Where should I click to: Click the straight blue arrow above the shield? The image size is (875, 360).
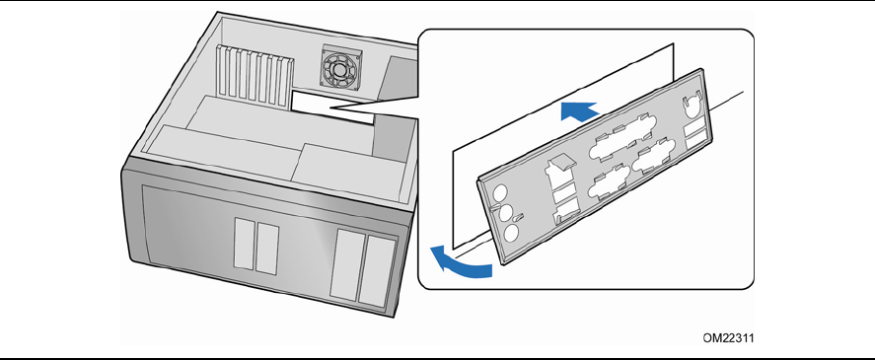tap(580, 111)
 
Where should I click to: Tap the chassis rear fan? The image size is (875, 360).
tap(340, 69)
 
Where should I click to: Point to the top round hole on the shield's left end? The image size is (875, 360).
tap(500, 194)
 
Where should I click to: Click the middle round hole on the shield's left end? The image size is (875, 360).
tap(507, 213)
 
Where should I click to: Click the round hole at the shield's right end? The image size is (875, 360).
tap(693, 108)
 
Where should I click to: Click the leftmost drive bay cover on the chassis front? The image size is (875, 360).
tap(244, 244)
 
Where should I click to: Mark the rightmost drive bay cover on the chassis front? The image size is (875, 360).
tap(377, 270)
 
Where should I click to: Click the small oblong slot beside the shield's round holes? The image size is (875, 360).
tap(519, 217)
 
